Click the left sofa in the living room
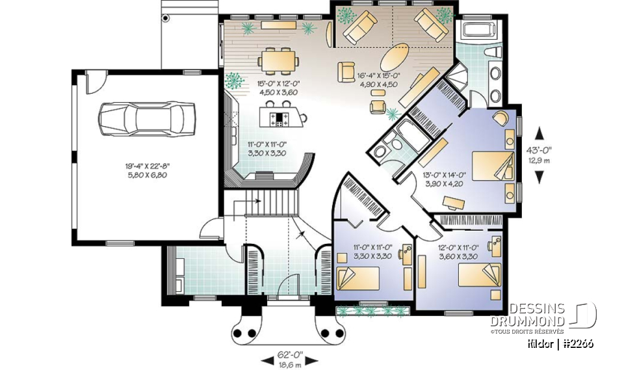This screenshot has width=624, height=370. (359, 27)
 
